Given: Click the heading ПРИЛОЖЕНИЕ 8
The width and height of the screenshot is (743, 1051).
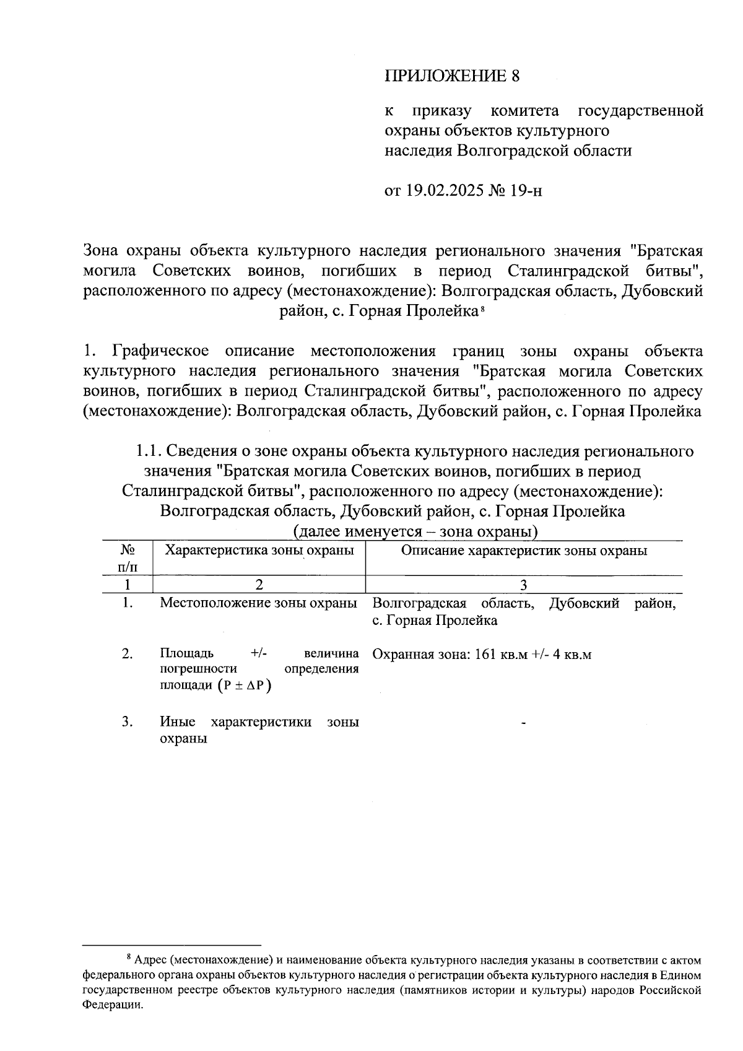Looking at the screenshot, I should [x=451, y=76].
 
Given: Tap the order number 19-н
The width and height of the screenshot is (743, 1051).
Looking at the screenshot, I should [x=526, y=190].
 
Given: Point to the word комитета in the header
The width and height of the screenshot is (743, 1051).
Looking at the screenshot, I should [x=524, y=111].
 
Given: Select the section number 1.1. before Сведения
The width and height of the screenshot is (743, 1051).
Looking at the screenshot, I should [x=150, y=451].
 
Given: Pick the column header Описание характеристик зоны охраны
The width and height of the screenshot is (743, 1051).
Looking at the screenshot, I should [x=524, y=551].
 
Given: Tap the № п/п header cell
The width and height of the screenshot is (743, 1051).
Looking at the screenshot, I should [x=127, y=557].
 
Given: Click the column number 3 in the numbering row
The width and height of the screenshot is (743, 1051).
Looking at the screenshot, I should [x=524, y=585].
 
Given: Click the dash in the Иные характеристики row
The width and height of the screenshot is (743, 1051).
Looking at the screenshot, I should [x=524, y=723].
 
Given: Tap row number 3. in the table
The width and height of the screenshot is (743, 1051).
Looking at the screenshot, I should [x=128, y=722].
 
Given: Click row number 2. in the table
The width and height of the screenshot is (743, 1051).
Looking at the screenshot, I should [x=128, y=654].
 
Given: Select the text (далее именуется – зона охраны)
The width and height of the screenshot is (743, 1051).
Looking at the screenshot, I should [x=415, y=531].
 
